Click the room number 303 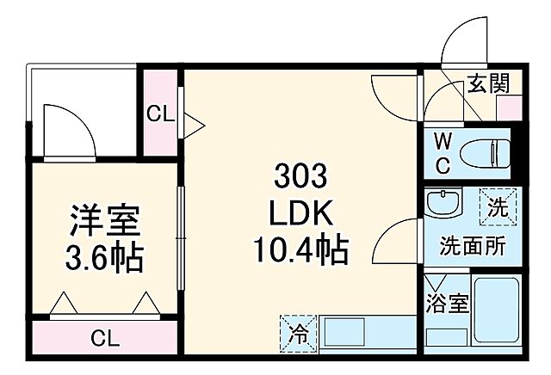point(300,178)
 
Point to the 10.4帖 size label point(300,250)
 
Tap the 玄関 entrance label point(488,84)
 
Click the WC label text point(441,152)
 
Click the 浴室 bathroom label point(447,304)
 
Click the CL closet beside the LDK point(159,113)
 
